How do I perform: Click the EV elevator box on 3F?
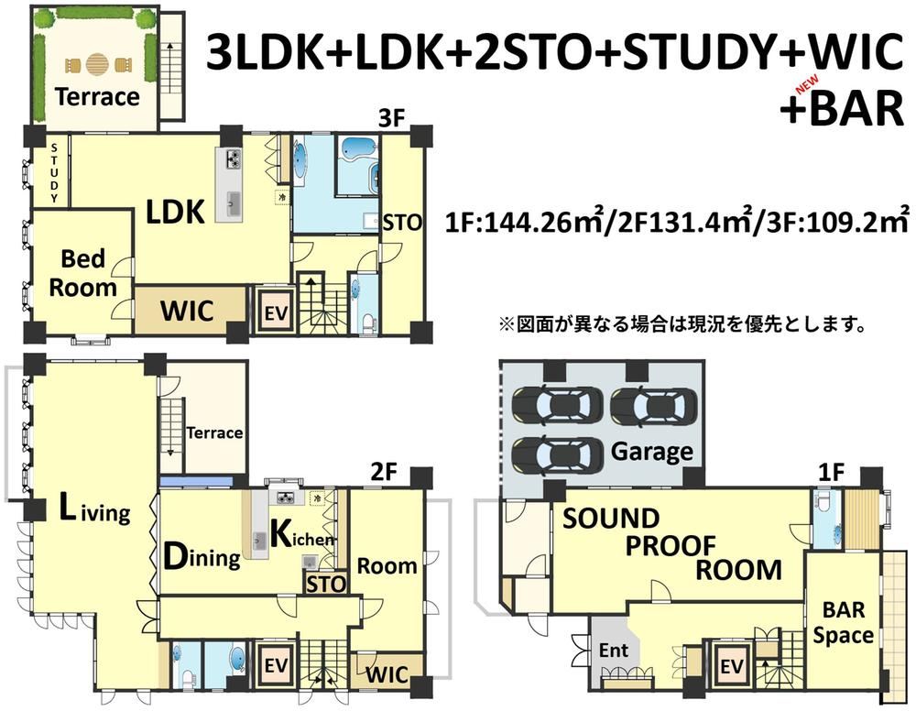(x=275, y=311)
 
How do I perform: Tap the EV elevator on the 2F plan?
(x=275, y=665)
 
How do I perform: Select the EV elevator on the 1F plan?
(x=730, y=665)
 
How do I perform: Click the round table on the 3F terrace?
(x=97, y=64)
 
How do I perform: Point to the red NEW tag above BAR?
(x=807, y=86)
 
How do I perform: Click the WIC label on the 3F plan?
(x=187, y=311)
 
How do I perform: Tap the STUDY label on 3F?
(x=54, y=173)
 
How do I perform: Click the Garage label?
(x=652, y=451)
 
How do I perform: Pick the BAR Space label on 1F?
(x=843, y=622)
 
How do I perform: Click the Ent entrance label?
(x=614, y=650)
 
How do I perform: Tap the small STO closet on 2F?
(x=326, y=583)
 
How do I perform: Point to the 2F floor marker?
(x=384, y=471)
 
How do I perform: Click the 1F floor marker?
(x=832, y=472)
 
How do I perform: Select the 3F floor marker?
(x=391, y=118)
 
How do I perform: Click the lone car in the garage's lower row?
(x=557, y=455)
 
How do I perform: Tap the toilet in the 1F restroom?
(x=823, y=502)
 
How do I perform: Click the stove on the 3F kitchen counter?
(x=234, y=159)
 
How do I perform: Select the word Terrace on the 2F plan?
(x=214, y=432)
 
